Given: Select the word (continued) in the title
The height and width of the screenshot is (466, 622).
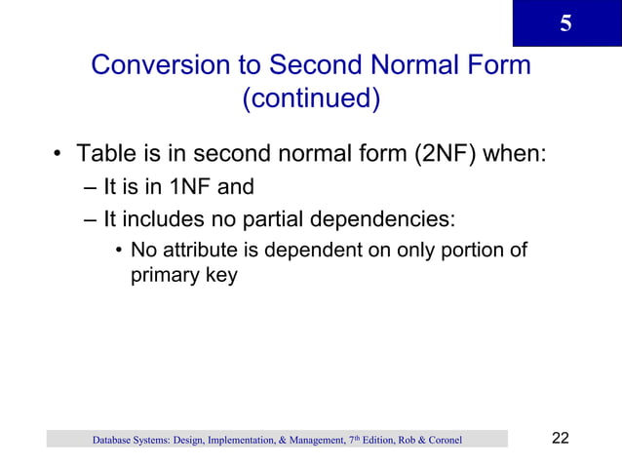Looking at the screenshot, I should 310,99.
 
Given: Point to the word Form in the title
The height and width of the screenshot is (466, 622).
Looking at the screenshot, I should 496,66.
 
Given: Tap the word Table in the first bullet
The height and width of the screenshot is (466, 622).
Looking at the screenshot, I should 106,155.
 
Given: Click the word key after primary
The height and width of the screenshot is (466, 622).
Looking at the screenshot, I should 221,277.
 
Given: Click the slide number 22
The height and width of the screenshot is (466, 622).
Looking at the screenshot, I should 560,437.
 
